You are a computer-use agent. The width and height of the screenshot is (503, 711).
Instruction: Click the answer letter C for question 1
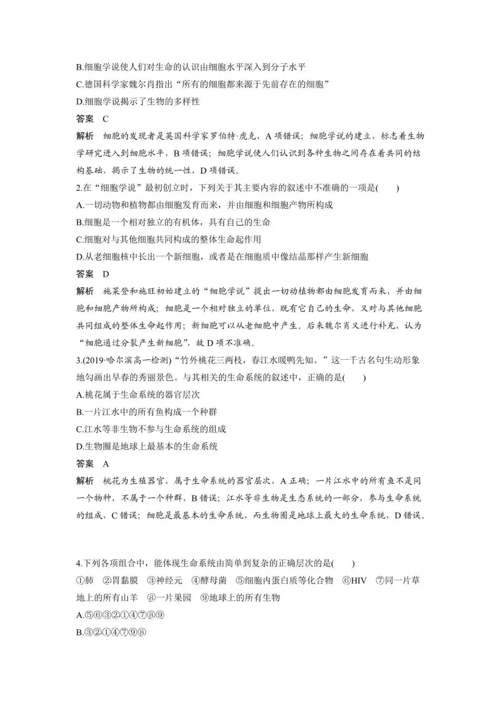(x=106, y=119)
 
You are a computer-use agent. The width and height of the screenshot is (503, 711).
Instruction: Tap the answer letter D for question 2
(x=106, y=274)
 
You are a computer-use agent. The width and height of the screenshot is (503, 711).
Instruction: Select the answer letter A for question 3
(x=106, y=463)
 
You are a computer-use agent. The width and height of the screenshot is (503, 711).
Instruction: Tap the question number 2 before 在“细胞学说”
(x=79, y=188)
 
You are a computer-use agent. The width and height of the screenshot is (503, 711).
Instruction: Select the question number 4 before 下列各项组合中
(x=79, y=563)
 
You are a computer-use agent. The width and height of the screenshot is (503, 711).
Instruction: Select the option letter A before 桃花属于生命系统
(x=79, y=395)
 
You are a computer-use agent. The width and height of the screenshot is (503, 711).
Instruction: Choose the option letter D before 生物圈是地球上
(x=79, y=446)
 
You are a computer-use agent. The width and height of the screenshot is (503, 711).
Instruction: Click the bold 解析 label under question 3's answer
(x=85, y=481)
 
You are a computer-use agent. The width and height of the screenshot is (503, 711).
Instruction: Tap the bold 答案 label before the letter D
(x=85, y=274)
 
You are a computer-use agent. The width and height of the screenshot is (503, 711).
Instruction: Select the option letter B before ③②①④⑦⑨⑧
(x=79, y=632)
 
